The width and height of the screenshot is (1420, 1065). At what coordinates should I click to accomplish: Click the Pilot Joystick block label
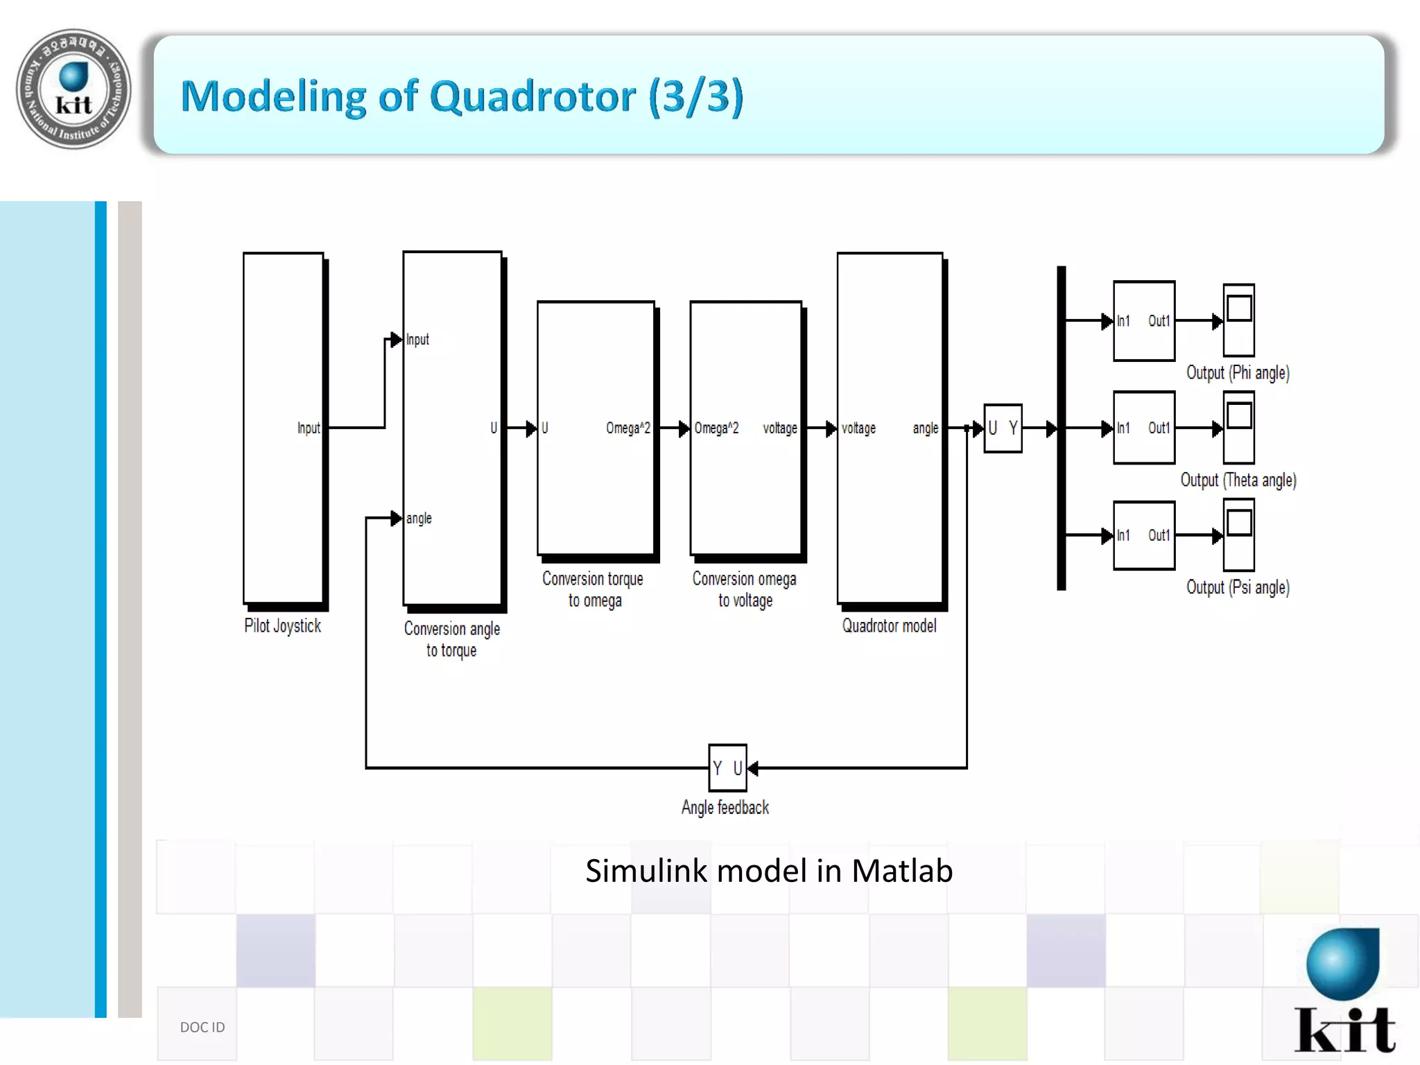[x=282, y=625]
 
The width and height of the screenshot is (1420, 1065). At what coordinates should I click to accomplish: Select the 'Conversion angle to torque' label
[x=451, y=639]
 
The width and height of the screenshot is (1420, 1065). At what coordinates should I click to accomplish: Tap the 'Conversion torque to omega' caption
[x=593, y=589]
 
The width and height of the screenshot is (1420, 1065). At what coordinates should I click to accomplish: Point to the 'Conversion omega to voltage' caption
[x=744, y=589]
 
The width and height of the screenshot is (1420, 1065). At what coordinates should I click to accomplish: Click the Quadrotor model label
[x=889, y=625]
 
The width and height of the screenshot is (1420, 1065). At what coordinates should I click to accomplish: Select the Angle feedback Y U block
[x=727, y=768]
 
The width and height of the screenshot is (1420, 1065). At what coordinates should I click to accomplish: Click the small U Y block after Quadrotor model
[x=1003, y=428]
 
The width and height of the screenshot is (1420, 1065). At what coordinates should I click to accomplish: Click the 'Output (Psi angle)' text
[x=1238, y=587]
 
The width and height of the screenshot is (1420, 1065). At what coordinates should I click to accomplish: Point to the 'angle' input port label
[x=419, y=518]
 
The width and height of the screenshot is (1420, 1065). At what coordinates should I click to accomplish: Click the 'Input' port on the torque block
[x=417, y=339]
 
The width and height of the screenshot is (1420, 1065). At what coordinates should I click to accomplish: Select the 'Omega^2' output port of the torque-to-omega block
[x=627, y=428]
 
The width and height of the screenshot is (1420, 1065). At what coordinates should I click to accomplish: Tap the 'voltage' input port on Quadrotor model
[x=858, y=428]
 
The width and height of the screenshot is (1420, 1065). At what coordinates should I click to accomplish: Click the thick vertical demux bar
[x=1061, y=428]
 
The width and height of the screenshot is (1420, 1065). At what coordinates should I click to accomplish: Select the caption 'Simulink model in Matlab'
[x=769, y=871]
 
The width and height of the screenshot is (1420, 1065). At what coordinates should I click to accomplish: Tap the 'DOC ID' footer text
[x=202, y=1027]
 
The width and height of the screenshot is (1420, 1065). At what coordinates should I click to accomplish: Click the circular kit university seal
[x=73, y=89]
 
